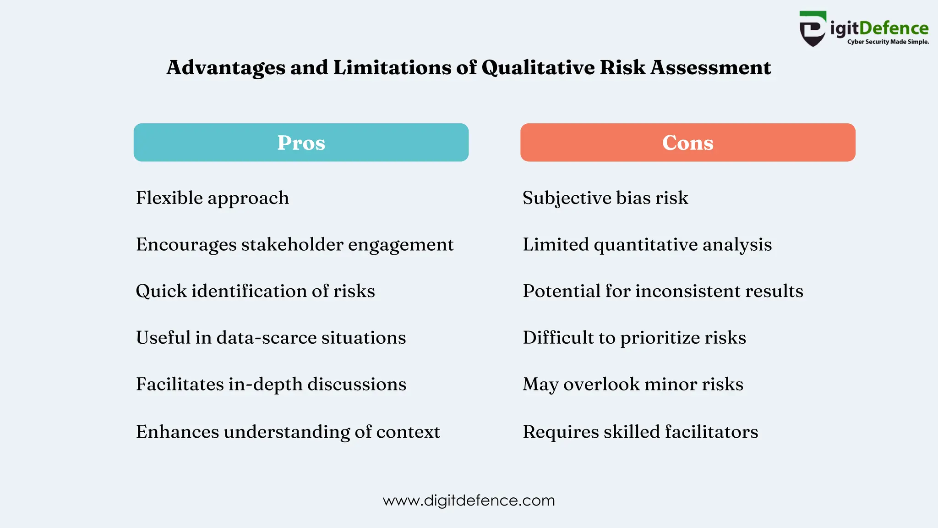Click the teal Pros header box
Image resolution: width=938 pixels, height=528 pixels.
(301, 142)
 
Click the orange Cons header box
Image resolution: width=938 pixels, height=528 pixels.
(687, 142)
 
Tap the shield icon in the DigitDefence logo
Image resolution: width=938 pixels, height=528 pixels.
(813, 29)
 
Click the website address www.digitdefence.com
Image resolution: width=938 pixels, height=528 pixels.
(469, 500)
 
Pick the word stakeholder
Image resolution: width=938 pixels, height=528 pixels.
(292, 244)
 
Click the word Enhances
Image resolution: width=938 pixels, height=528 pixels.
(177, 432)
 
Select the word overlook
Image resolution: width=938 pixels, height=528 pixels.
(601, 384)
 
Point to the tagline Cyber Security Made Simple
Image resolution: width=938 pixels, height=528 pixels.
(888, 42)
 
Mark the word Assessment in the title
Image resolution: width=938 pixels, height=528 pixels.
(711, 68)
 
